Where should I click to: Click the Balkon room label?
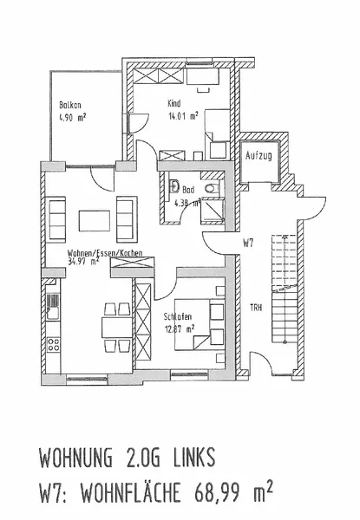click(x=69, y=105)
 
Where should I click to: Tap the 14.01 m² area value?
click(x=184, y=116)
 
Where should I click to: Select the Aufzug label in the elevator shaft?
click(x=259, y=155)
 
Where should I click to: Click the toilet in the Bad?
click(x=212, y=188)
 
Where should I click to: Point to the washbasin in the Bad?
click(x=173, y=186)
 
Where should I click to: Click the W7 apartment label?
click(x=248, y=244)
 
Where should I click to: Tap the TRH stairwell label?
click(x=256, y=308)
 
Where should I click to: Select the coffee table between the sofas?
click(x=95, y=220)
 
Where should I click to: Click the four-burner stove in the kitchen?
click(x=54, y=344)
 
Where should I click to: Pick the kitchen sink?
click(x=53, y=307)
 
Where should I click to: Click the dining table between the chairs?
click(x=117, y=327)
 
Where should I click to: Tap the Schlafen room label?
click(x=178, y=316)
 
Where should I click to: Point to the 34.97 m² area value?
click(x=83, y=261)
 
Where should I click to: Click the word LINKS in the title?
click(x=194, y=458)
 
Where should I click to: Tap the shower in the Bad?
click(x=213, y=211)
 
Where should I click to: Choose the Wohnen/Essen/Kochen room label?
click(x=105, y=253)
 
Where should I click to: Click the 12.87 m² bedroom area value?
click(x=180, y=329)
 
